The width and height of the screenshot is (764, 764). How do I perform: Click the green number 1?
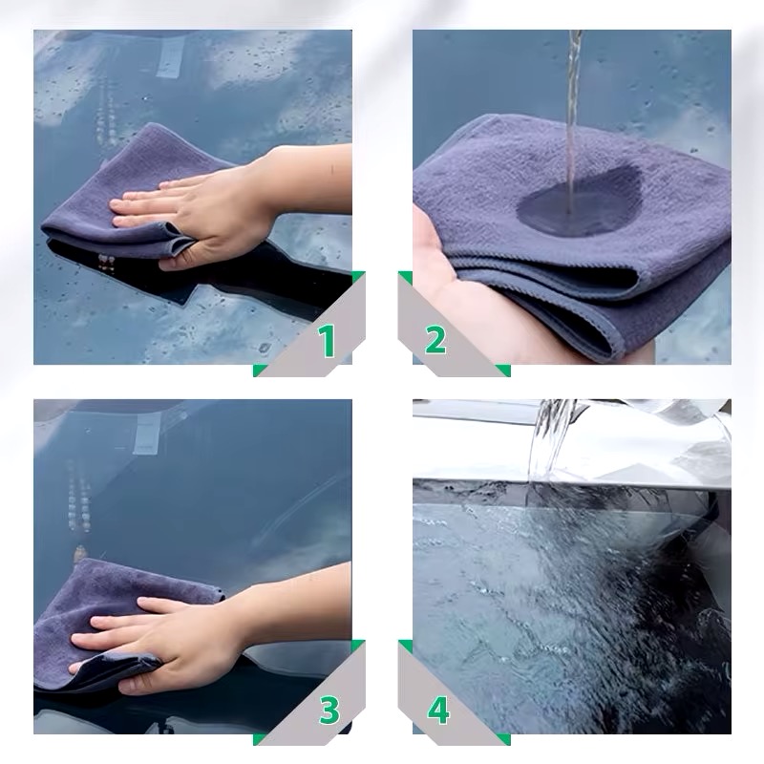328,341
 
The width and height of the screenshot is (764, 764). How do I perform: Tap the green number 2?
435,340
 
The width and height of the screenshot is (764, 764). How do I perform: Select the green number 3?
329,710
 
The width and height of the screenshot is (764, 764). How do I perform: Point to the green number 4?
438,711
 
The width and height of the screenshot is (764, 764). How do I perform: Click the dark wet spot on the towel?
580,201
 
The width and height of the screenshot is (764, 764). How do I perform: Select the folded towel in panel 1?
132,195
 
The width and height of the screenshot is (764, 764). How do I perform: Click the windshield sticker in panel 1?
170,57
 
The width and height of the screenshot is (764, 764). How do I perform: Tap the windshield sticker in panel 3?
147,435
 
